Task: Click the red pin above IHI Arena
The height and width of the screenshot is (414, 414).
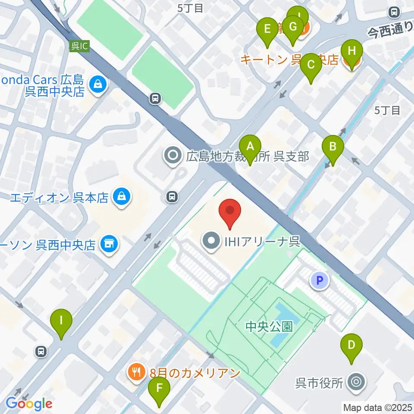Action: (230, 211)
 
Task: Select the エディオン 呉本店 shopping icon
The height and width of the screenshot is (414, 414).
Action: (122, 198)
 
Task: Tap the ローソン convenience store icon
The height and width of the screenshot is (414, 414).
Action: (108, 245)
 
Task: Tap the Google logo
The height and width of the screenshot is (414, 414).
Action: (29, 404)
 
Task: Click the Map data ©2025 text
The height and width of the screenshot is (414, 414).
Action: (378, 407)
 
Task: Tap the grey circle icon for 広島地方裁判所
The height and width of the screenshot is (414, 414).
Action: (173, 156)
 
